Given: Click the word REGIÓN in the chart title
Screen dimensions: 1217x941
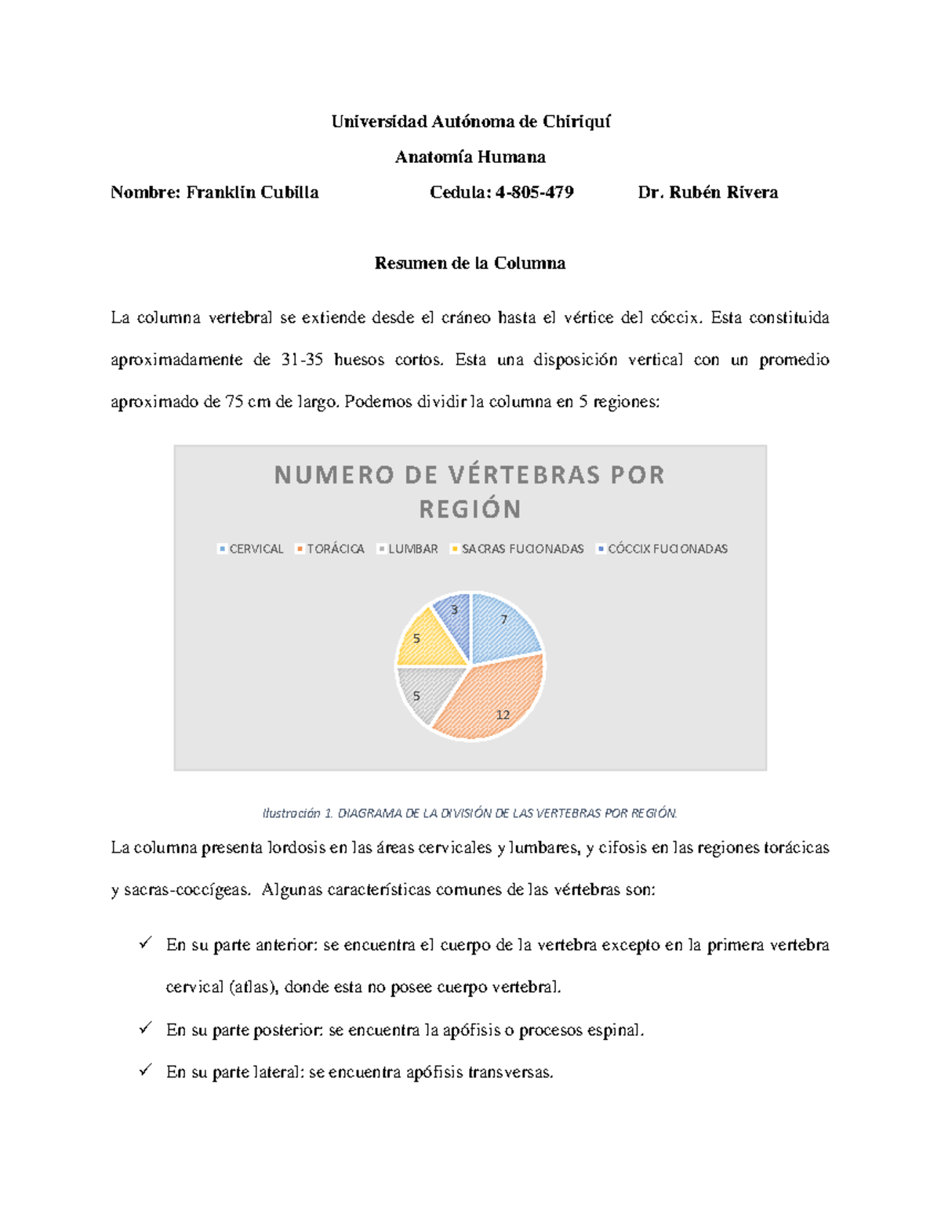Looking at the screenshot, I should pyautogui.click(x=470, y=509).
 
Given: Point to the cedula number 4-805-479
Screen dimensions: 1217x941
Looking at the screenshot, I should pyautogui.click(x=534, y=192).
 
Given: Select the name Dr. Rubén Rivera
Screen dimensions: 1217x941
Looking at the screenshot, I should pyautogui.click(x=707, y=192).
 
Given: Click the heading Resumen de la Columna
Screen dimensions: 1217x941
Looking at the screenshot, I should pyautogui.click(x=470, y=263).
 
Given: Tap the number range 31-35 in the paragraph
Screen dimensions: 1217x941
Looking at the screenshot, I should pyautogui.click(x=302, y=360).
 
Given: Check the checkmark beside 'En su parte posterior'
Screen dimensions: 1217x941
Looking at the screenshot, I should pyautogui.click(x=145, y=1029).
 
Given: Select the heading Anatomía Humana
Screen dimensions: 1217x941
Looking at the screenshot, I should pyautogui.click(x=470, y=157).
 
